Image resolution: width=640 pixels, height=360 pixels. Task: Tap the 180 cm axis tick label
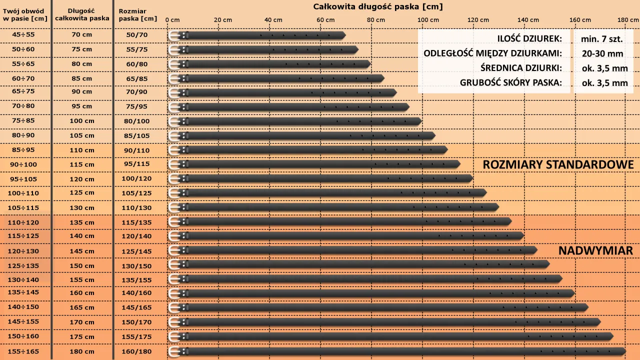pyautogui.click(x=628, y=19)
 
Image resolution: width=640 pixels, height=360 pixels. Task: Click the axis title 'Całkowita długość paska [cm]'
pyautogui.click(x=378, y=6)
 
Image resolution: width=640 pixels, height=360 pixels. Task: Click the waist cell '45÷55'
pyautogui.click(x=24, y=35)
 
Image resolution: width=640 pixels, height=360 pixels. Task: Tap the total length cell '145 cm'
pyautogui.click(x=82, y=251)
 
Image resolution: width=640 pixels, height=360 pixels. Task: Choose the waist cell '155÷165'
pyautogui.click(x=24, y=351)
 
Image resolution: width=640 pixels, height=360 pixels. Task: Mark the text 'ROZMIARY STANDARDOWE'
pyautogui.click(x=558, y=164)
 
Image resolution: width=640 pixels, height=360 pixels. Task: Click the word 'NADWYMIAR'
pyautogui.click(x=595, y=250)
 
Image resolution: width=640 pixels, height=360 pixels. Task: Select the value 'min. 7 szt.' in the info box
pyautogui.click(x=602, y=38)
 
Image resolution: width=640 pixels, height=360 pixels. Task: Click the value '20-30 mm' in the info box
pyautogui.click(x=602, y=53)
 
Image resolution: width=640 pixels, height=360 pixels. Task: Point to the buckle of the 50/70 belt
pyautogui.click(x=174, y=35)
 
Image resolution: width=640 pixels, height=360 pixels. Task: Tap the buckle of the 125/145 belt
pyautogui.click(x=174, y=250)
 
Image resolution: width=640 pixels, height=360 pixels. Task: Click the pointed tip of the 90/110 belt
pyautogui.click(x=446, y=150)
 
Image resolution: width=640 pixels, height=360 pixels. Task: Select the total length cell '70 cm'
pyautogui.click(x=82, y=35)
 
